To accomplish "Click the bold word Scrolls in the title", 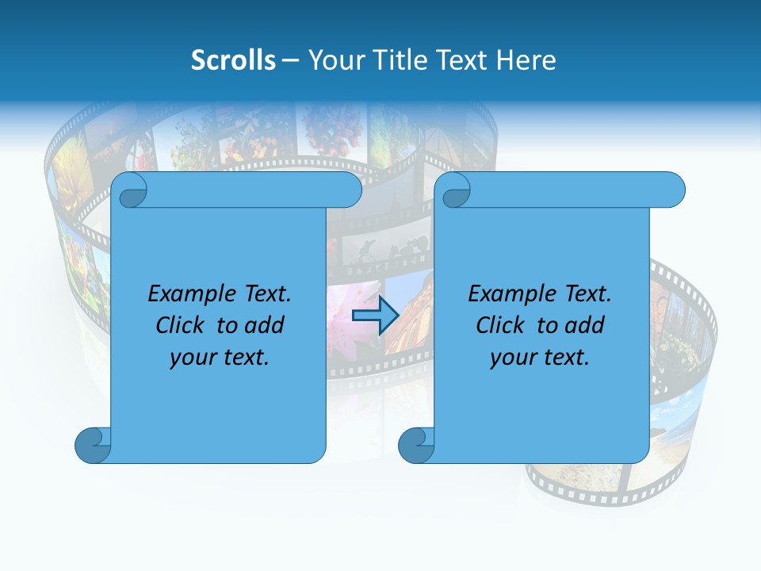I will coord(233,60).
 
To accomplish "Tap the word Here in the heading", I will coord(526,60).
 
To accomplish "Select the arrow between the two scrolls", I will coord(375,316).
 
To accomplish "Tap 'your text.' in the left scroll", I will coord(220,357).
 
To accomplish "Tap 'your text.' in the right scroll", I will coord(540,357).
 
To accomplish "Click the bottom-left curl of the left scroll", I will coord(93,444).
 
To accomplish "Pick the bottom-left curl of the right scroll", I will coord(416,444).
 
